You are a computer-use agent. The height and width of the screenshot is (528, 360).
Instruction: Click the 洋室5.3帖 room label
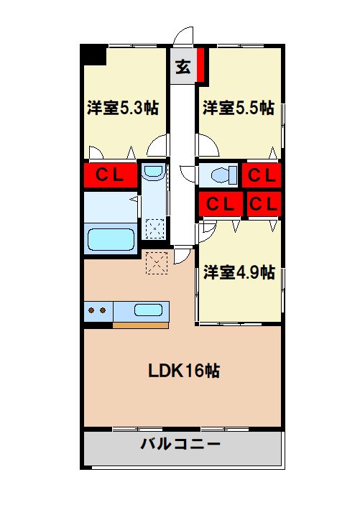click(123, 108)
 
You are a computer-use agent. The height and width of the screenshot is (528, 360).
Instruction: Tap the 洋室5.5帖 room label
click(238, 108)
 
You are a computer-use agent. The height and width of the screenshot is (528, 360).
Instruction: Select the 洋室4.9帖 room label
click(238, 272)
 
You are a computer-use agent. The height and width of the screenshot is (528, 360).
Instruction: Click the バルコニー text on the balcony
click(180, 444)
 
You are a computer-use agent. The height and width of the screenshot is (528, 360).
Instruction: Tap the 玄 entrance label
click(183, 68)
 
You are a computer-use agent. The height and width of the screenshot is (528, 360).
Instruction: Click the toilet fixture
click(218, 175)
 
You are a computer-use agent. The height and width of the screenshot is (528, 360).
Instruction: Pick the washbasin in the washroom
click(152, 172)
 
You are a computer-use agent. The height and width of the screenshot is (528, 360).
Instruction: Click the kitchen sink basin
click(148, 311)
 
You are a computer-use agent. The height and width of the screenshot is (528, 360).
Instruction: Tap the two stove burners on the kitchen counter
click(97, 311)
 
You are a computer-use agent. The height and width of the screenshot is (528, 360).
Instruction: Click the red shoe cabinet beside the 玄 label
click(201, 65)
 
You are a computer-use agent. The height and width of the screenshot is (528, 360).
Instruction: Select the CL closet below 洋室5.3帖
click(110, 175)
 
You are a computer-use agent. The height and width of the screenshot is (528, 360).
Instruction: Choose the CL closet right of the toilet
click(262, 175)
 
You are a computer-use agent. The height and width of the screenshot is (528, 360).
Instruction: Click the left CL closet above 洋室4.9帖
click(220, 203)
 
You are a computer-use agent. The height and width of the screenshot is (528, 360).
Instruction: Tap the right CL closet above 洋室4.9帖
click(263, 203)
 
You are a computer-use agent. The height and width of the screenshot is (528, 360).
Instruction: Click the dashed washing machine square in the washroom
click(153, 228)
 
